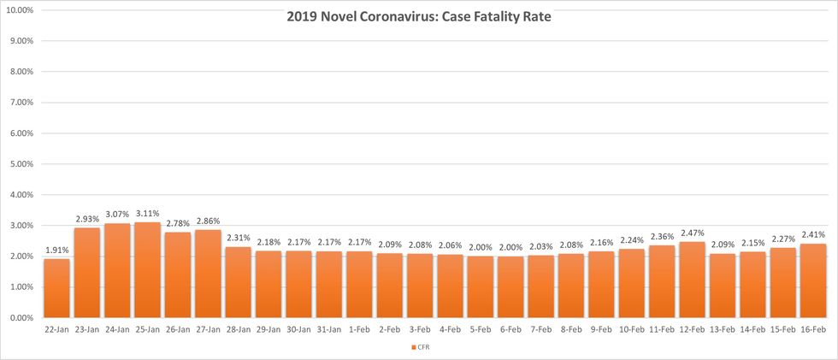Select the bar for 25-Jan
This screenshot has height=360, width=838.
tap(147, 270)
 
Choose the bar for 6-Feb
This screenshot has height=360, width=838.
tap(510, 287)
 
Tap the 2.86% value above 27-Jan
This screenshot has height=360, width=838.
tap(208, 221)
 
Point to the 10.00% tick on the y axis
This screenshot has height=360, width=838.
tap(20, 10)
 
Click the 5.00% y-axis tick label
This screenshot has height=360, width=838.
tap(21, 164)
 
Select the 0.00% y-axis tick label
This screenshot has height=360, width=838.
tap(21, 318)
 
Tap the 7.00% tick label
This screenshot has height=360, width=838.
tap(21, 103)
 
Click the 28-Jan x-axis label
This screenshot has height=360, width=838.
tap(238, 328)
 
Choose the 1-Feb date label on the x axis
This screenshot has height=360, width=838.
tap(359, 328)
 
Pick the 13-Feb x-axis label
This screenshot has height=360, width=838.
tap(723, 328)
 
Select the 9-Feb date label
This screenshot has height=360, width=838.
tap(601, 328)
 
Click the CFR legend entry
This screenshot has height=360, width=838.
tap(420, 347)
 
